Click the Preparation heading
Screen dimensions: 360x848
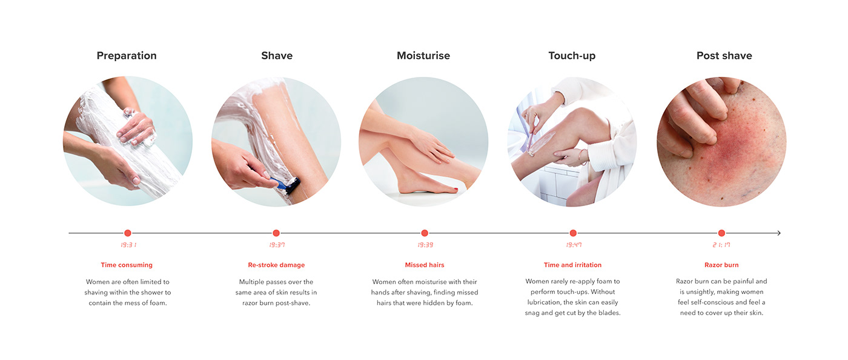(127, 56)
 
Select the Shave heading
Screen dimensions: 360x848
(277, 56)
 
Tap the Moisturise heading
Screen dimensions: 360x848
(423, 56)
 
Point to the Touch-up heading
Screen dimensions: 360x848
(572, 56)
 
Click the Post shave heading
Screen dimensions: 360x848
(724, 56)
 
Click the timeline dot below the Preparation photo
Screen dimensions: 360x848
(127, 233)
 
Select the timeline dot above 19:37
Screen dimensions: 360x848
(276, 233)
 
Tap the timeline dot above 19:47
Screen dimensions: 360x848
(573, 233)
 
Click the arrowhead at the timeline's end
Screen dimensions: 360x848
(779, 233)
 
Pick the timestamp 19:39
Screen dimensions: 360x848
(425, 245)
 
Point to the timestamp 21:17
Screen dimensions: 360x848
(721, 245)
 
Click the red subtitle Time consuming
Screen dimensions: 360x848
(127, 265)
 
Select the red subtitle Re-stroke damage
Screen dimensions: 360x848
(276, 265)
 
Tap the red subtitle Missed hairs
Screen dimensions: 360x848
(425, 265)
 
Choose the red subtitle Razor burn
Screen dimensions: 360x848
(721, 265)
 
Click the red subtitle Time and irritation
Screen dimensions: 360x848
(572, 265)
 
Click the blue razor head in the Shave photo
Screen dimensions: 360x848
(289, 185)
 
